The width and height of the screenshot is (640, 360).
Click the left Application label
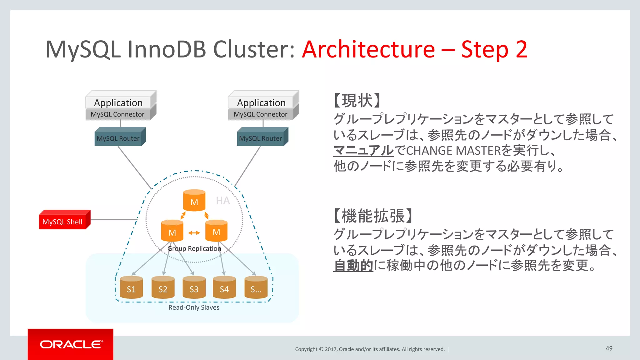[118, 102]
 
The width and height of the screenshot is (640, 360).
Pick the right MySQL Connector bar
[261, 114]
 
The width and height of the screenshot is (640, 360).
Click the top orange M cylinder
[194, 201]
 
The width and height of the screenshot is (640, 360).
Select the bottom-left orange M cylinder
[172, 231]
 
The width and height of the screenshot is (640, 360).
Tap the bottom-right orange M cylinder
[216, 231]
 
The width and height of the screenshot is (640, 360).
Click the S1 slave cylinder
[131, 288]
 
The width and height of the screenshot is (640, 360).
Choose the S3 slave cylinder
[194, 288]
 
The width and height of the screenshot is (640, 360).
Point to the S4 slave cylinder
[224, 288]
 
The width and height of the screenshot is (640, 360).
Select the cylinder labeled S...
[256, 288]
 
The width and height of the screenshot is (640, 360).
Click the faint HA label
[223, 201]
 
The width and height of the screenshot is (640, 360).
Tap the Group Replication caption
[194, 248]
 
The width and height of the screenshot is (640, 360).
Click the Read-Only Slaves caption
[194, 307]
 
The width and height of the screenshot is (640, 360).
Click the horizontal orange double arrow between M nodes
[194, 233]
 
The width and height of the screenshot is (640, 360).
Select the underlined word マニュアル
[363, 151]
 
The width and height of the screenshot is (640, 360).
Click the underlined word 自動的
[353, 266]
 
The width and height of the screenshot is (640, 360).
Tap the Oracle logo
[71, 344]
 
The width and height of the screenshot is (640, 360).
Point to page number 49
[609, 348]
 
